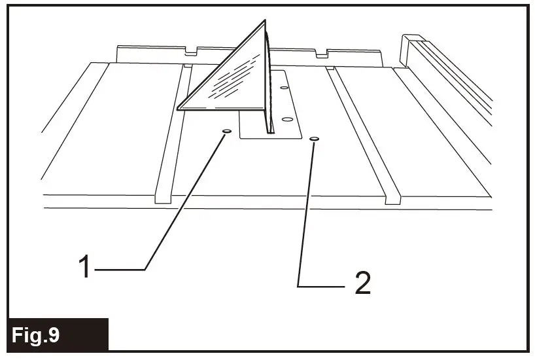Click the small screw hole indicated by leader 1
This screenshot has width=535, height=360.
(226, 132)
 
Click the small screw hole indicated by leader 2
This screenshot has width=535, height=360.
(315, 139)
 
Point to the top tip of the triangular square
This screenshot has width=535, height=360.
(266, 20)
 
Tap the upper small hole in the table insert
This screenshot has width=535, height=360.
(283, 86)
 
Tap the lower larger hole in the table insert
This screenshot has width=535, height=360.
(285, 119)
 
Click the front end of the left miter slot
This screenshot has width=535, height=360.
(162, 196)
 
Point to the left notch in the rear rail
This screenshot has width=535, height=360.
(190, 50)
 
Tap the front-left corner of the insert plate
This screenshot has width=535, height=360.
(240, 137)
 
